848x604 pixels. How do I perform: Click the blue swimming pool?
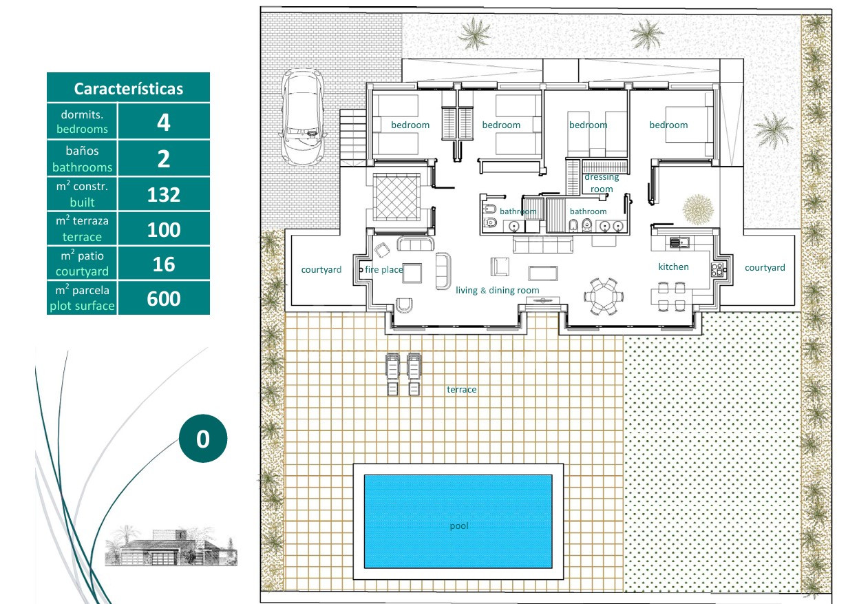tap(458, 521)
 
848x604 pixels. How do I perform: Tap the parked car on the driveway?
tap(302, 116)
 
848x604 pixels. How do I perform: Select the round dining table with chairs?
tap(604, 296)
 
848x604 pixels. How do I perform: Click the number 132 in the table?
tap(164, 195)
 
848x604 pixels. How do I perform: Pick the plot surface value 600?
tap(164, 298)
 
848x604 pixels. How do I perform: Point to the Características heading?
tap(128, 89)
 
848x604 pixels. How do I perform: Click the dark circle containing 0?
tap(203, 438)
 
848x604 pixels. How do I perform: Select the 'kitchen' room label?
tap(673, 267)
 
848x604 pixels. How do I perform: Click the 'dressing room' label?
tap(602, 183)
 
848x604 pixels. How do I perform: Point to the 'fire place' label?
tap(384, 269)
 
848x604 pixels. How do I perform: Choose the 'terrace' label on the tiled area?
tap(461, 389)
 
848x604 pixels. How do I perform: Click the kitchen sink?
tap(680, 242)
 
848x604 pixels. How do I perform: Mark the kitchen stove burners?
tap(717, 269)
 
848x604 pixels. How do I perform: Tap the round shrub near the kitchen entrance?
tap(698, 209)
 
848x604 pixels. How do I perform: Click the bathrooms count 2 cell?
tap(164, 158)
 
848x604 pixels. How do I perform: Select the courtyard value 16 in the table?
tap(164, 264)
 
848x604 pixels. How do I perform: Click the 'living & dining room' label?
tap(498, 290)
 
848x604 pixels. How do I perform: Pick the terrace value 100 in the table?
tap(164, 229)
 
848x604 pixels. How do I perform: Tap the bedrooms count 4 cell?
tap(164, 121)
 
